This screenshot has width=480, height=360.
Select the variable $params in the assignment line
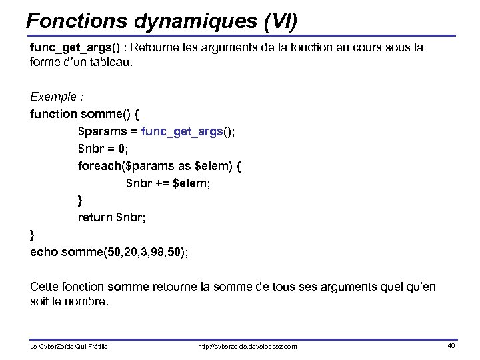[101, 131]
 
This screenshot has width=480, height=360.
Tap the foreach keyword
[99, 166]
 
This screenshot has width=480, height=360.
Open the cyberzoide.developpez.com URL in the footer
[248, 347]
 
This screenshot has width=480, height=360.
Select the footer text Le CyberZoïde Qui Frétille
[69, 347]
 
